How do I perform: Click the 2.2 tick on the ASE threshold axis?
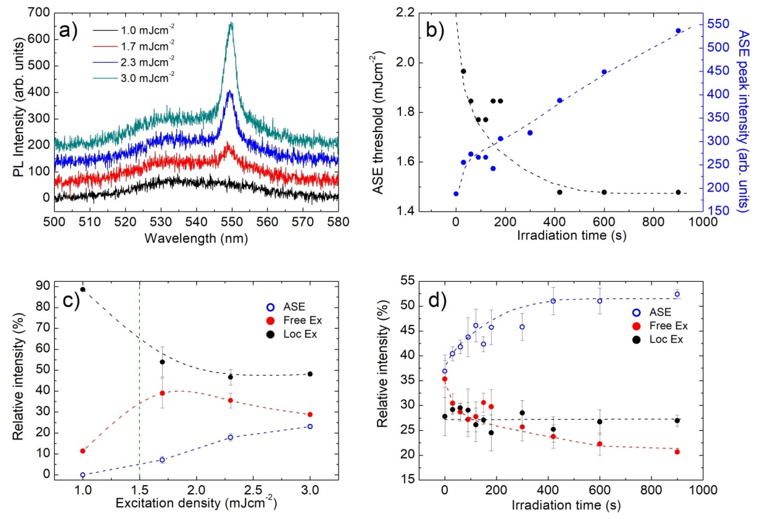[x=404, y=13]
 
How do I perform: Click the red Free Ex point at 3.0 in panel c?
[x=310, y=414]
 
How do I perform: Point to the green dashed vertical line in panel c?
[x=140, y=375]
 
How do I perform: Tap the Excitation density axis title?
[x=196, y=503]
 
